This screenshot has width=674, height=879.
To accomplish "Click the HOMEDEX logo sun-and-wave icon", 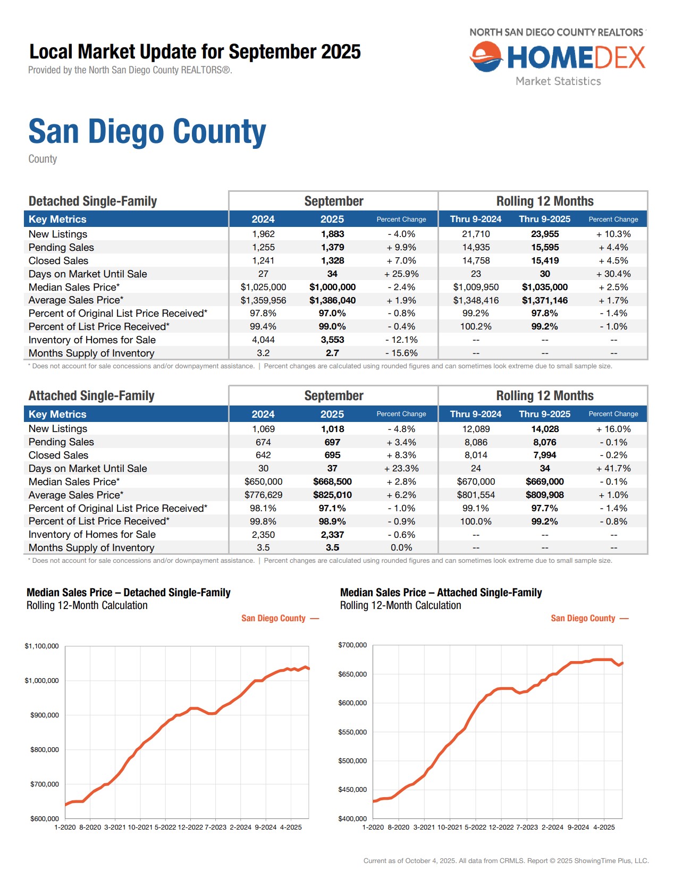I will click(x=486, y=57).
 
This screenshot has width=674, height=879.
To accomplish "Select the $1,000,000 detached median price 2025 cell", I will click(x=332, y=287).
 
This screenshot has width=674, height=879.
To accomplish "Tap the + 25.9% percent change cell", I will click(x=401, y=274).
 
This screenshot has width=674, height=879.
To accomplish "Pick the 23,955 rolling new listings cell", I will click(x=544, y=234).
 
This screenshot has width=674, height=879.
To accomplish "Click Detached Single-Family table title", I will click(x=92, y=201).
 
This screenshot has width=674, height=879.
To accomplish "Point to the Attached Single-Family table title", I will click(x=91, y=396).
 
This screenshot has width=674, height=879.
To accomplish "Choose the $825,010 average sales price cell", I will click(x=332, y=495).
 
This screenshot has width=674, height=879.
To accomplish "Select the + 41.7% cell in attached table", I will click(x=613, y=468).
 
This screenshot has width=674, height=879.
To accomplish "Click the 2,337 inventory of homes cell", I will click(x=332, y=535).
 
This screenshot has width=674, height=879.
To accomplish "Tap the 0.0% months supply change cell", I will click(x=401, y=547).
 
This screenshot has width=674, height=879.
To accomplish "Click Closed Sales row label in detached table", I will click(x=58, y=260).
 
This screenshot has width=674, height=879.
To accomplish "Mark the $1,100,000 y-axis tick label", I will click(x=41, y=646).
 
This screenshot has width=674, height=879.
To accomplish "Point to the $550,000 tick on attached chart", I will click(x=352, y=732).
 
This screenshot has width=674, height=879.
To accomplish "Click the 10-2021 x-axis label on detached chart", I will click(x=140, y=827).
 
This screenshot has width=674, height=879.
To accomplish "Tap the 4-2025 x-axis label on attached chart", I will click(x=604, y=827).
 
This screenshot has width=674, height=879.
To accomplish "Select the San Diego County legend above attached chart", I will click(x=583, y=618).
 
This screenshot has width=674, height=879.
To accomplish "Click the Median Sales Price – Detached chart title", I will click(x=128, y=593).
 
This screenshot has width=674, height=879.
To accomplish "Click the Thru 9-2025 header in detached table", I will click(x=544, y=219).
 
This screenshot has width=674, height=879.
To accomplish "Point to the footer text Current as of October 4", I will click(x=505, y=860).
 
